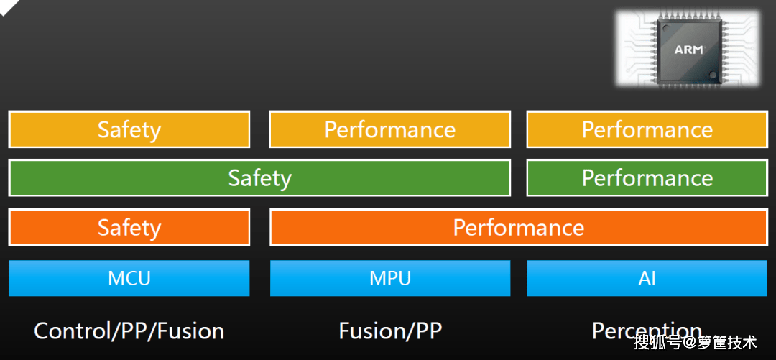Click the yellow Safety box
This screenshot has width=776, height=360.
pyautogui.click(x=129, y=130)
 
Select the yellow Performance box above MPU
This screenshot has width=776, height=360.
pyautogui.click(x=390, y=130)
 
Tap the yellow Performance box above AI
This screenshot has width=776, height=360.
pyautogui.click(x=647, y=130)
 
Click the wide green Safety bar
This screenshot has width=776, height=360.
pyautogui.click(x=260, y=177)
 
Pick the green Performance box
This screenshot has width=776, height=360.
pyautogui.click(x=647, y=177)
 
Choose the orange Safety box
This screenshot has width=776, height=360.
pyautogui.click(x=129, y=227)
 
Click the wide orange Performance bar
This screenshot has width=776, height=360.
pyautogui.click(x=519, y=227)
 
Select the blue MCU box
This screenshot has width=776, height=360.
pyautogui.click(x=129, y=278)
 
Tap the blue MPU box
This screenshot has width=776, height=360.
pyautogui.click(x=390, y=278)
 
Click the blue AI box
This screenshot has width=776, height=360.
pyautogui.click(x=647, y=278)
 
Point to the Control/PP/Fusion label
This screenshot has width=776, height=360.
pyautogui.click(x=129, y=331)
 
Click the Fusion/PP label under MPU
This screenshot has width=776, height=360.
pyautogui.click(x=390, y=331)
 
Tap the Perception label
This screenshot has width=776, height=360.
pyautogui.click(x=647, y=331)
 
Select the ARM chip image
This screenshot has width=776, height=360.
pyautogui.click(x=688, y=49)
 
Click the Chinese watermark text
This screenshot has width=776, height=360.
pyautogui.click(x=696, y=342)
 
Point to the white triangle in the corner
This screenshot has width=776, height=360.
pyautogui.click(x=7, y=5)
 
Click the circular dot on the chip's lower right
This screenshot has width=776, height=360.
pyautogui.click(x=713, y=75)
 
